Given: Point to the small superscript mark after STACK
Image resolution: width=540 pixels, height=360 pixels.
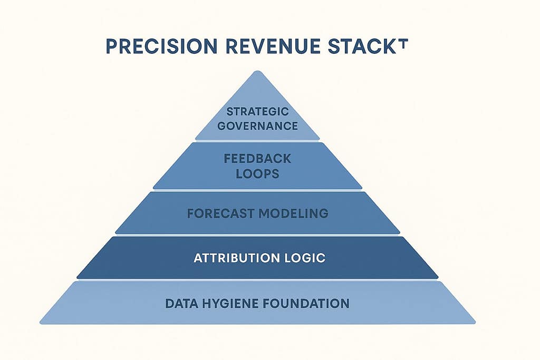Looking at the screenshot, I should pos(403,41).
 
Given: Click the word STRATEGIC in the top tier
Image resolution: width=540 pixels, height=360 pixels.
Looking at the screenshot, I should pos(257,112).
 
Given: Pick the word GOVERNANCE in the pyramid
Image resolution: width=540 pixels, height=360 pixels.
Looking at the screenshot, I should pos(257,126).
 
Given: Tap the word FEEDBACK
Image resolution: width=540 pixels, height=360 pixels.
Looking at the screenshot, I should pos(257,158).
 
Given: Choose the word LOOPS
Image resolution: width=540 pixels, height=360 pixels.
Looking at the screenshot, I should pos(257,173).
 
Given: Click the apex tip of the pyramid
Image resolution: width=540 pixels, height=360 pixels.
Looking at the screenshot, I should pos(257,72).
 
